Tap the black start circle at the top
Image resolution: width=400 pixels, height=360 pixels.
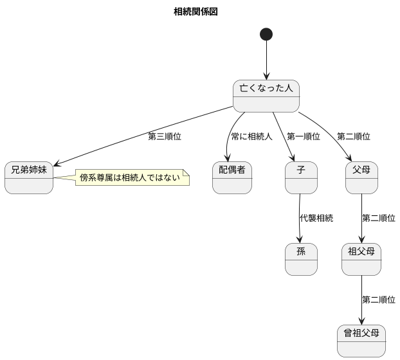266,34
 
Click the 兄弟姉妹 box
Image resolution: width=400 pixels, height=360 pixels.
29,177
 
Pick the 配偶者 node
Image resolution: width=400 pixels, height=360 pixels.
232,177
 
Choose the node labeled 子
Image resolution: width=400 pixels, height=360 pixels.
301,177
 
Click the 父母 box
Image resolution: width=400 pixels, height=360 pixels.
361,177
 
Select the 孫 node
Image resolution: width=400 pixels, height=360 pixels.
301,259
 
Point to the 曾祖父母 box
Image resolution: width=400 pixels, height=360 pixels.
361,341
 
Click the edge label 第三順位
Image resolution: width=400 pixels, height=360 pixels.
165,136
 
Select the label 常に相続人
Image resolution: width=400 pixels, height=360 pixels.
252,136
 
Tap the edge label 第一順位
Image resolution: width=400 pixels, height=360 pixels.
304,136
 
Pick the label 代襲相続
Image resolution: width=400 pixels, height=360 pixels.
316,218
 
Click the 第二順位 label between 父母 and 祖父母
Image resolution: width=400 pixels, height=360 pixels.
378,218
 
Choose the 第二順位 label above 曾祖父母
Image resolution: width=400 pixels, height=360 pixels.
378,300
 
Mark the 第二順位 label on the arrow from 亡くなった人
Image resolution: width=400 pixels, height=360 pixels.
353,136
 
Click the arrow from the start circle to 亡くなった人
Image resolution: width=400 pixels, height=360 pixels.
266,61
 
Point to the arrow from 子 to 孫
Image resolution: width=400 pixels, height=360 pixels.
299,219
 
